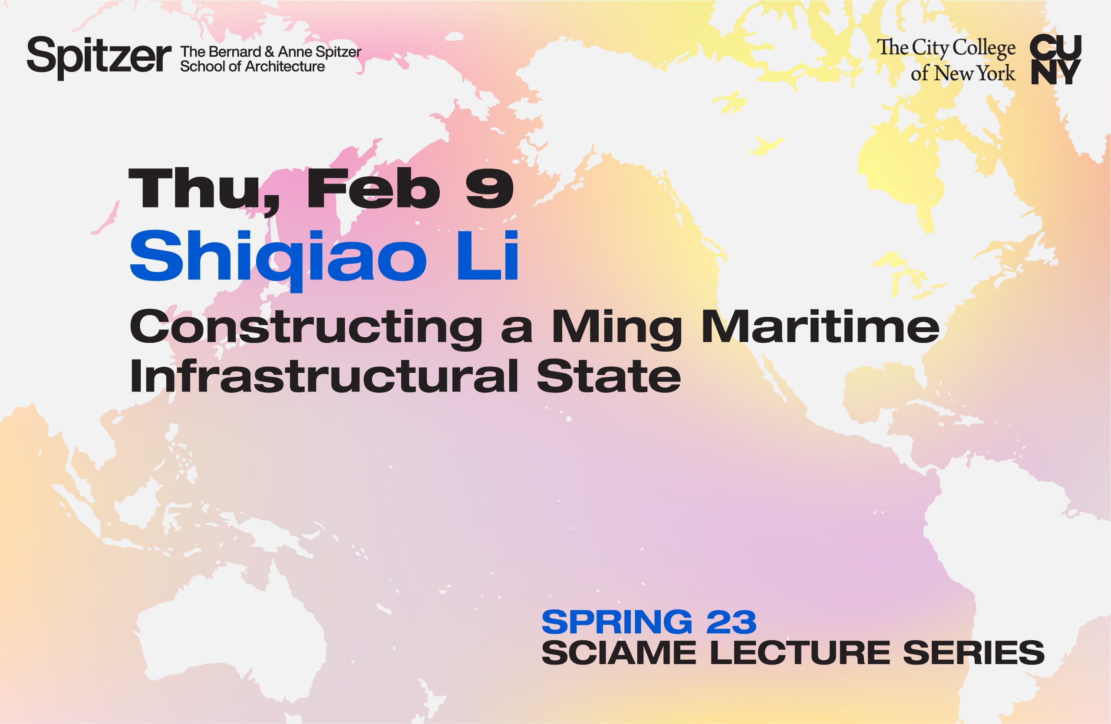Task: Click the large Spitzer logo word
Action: (99, 57)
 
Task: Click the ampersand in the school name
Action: (269, 51)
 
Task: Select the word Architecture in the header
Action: (285, 67)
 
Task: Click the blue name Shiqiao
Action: (278, 257)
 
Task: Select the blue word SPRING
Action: (616, 622)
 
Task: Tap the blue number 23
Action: (731, 622)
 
